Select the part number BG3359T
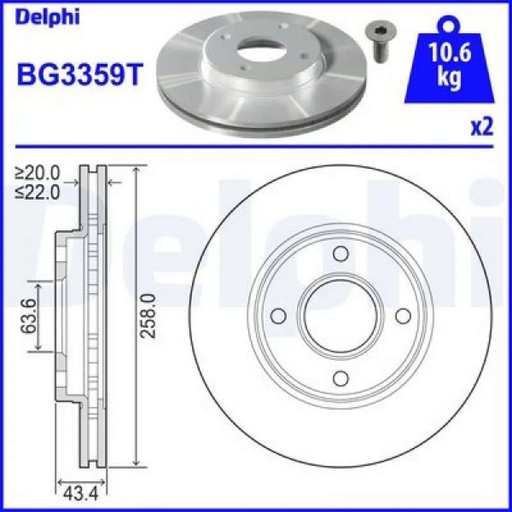(78, 74)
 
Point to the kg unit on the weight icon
(449, 78)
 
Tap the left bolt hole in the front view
(278, 316)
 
